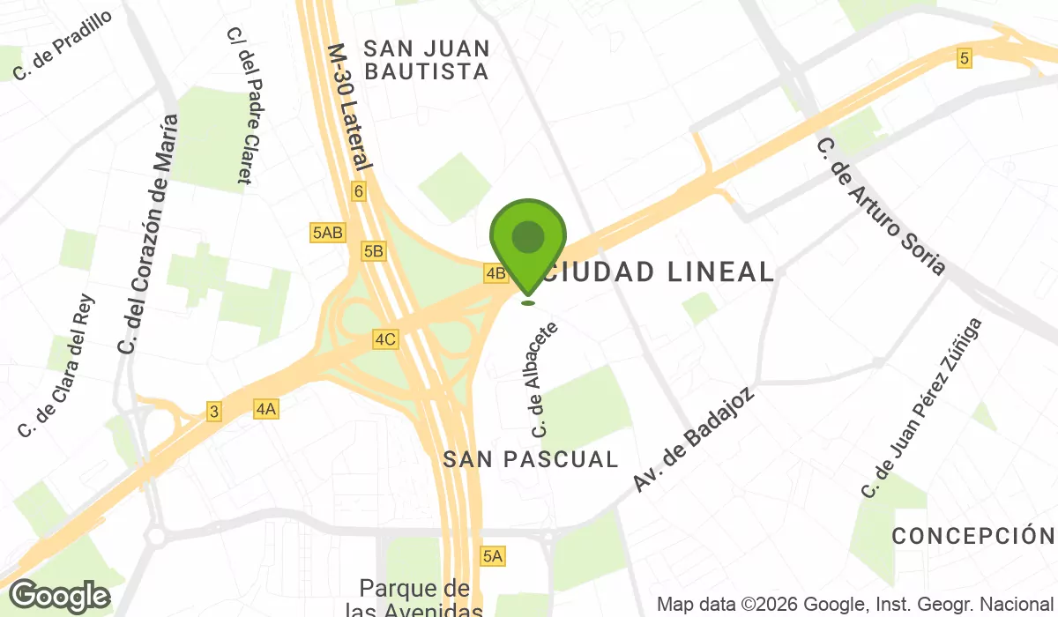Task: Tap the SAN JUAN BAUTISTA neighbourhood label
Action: coord(427,59)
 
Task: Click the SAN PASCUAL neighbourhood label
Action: coord(531,459)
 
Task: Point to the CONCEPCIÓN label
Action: coord(973,536)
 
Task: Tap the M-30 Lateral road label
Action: coord(350,107)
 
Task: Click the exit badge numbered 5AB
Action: coord(327,233)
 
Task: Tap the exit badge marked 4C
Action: coord(385,338)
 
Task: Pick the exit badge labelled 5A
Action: coord(492,555)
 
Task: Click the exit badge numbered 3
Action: coord(213,411)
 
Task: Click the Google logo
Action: coord(61,597)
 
